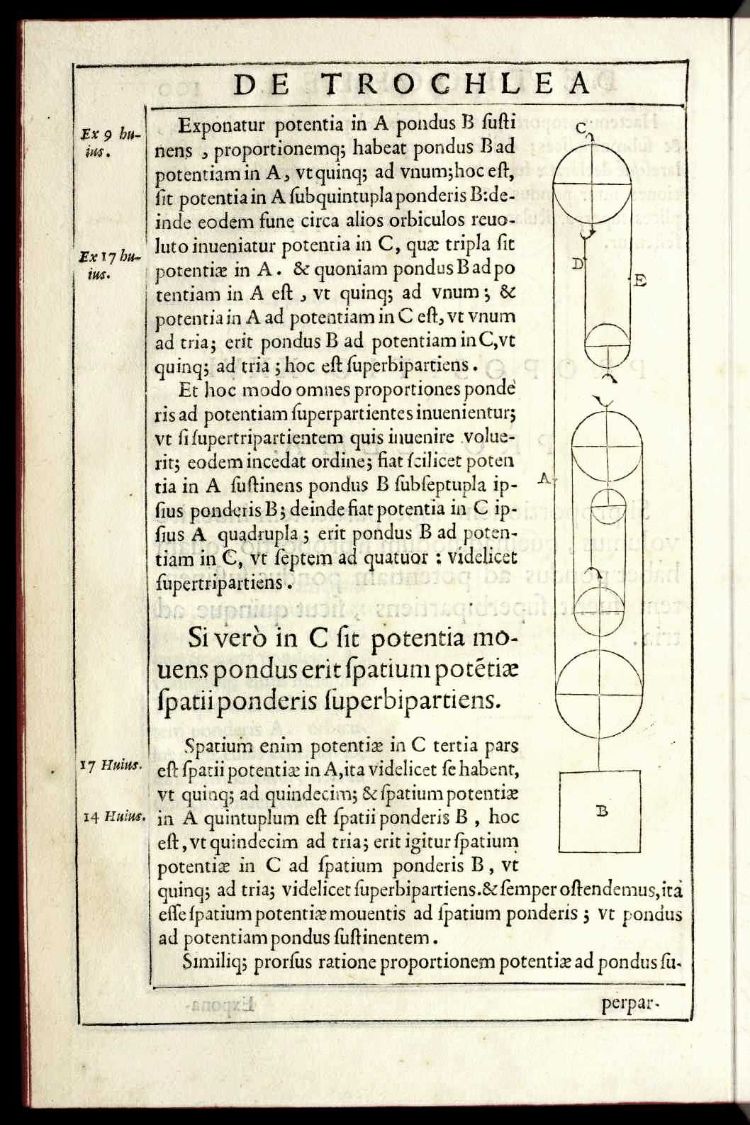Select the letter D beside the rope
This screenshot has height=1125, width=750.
[x=577, y=264]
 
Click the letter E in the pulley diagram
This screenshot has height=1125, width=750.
[x=639, y=281]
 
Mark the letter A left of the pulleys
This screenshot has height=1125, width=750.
[x=544, y=477]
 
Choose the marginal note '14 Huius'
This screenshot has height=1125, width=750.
[x=113, y=816]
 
